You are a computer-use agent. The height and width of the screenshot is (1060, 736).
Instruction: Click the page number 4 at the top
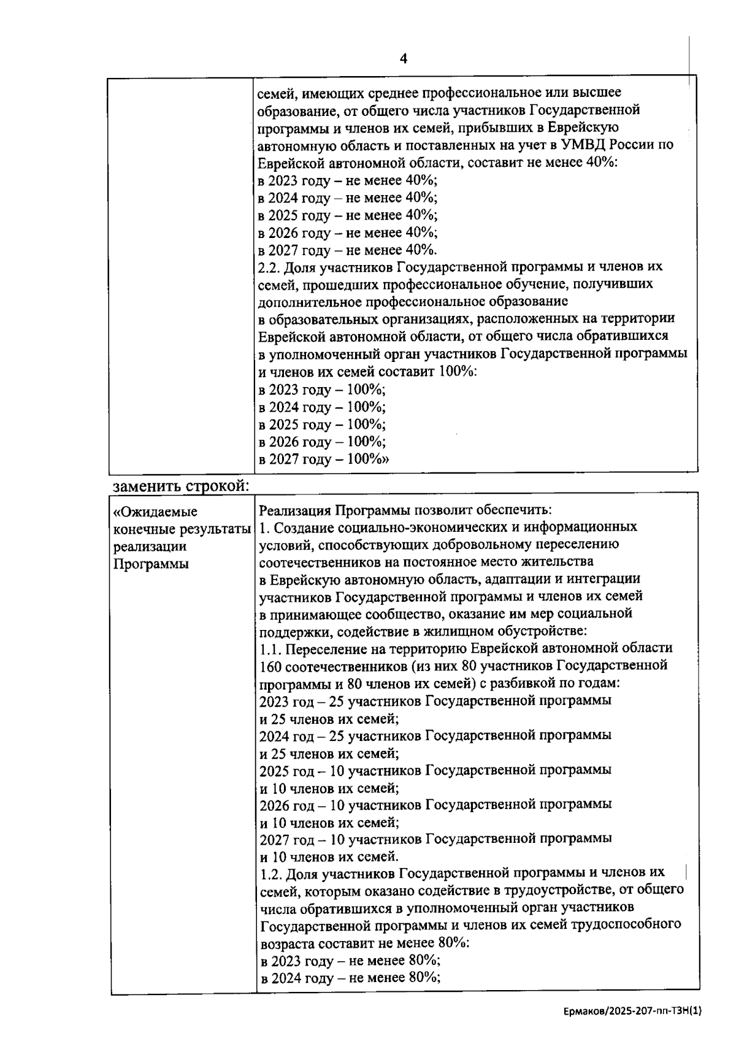click(403, 59)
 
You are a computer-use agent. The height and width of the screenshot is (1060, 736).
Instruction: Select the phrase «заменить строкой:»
click(181, 486)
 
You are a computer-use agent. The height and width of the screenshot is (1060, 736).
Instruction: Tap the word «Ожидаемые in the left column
click(156, 512)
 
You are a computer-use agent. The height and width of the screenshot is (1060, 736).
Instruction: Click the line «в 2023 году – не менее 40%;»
click(347, 181)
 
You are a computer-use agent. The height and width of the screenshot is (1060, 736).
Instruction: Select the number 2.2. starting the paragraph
click(269, 267)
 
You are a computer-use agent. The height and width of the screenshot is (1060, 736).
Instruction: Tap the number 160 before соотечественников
click(270, 666)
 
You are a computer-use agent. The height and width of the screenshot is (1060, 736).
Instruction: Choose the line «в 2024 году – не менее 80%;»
click(350, 978)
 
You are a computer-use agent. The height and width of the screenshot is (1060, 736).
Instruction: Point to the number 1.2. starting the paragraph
click(270, 873)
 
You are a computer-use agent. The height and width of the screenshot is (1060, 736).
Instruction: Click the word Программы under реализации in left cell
click(151, 564)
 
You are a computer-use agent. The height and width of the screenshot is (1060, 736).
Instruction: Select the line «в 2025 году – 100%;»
click(321, 424)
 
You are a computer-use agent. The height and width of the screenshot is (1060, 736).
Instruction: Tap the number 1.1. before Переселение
click(270, 648)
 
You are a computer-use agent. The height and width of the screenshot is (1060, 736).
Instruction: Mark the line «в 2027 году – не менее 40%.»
click(347, 250)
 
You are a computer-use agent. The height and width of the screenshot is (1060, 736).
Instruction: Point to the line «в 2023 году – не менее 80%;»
click(350, 961)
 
